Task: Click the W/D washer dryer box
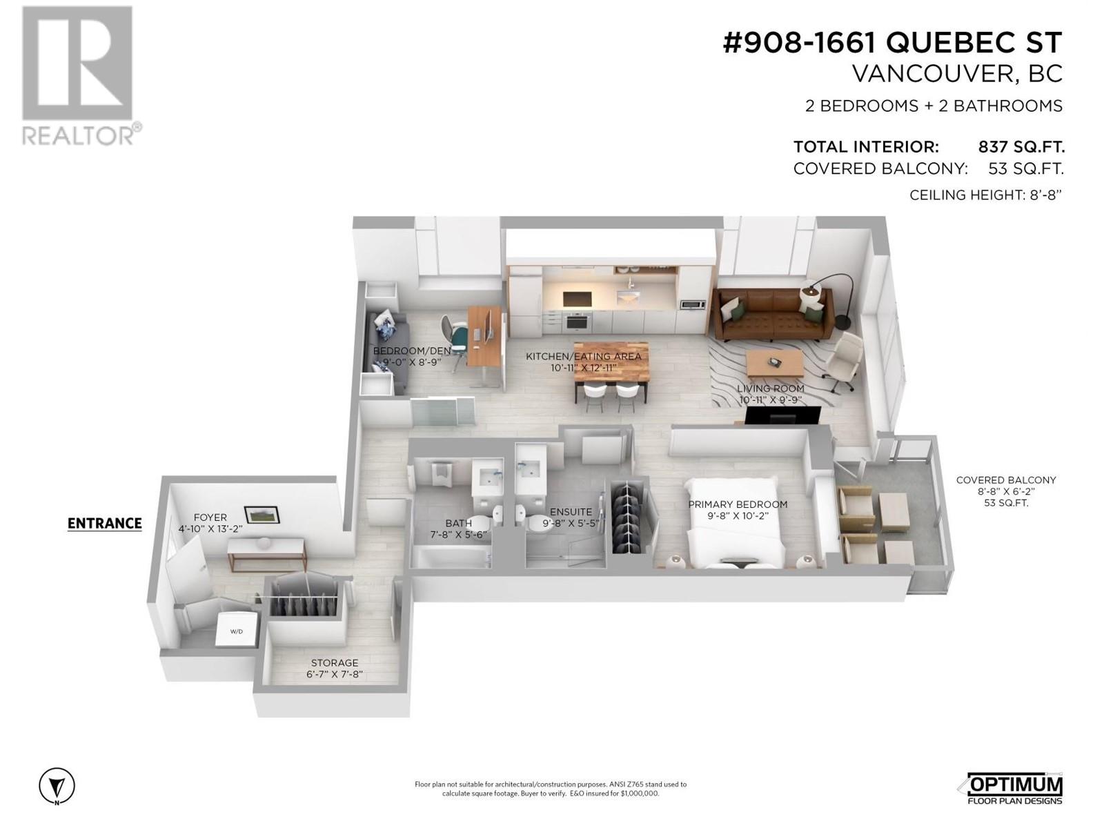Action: pyautogui.click(x=236, y=631)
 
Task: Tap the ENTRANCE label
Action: pyautogui.click(x=104, y=524)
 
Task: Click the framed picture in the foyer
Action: pyautogui.click(x=262, y=514)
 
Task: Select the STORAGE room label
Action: pyautogui.click(x=335, y=663)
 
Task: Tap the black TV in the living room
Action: pyautogui.click(x=783, y=415)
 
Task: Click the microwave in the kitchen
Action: pyautogui.click(x=692, y=304)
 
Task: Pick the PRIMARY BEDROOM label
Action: pyautogui.click(x=738, y=504)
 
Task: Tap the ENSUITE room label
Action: pyautogui.click(x=571, y=512)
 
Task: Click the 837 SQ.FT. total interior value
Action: pyautogui.click(x=1021, y=147)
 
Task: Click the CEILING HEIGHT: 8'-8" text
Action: pyautogui.click(x=985, y=195)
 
